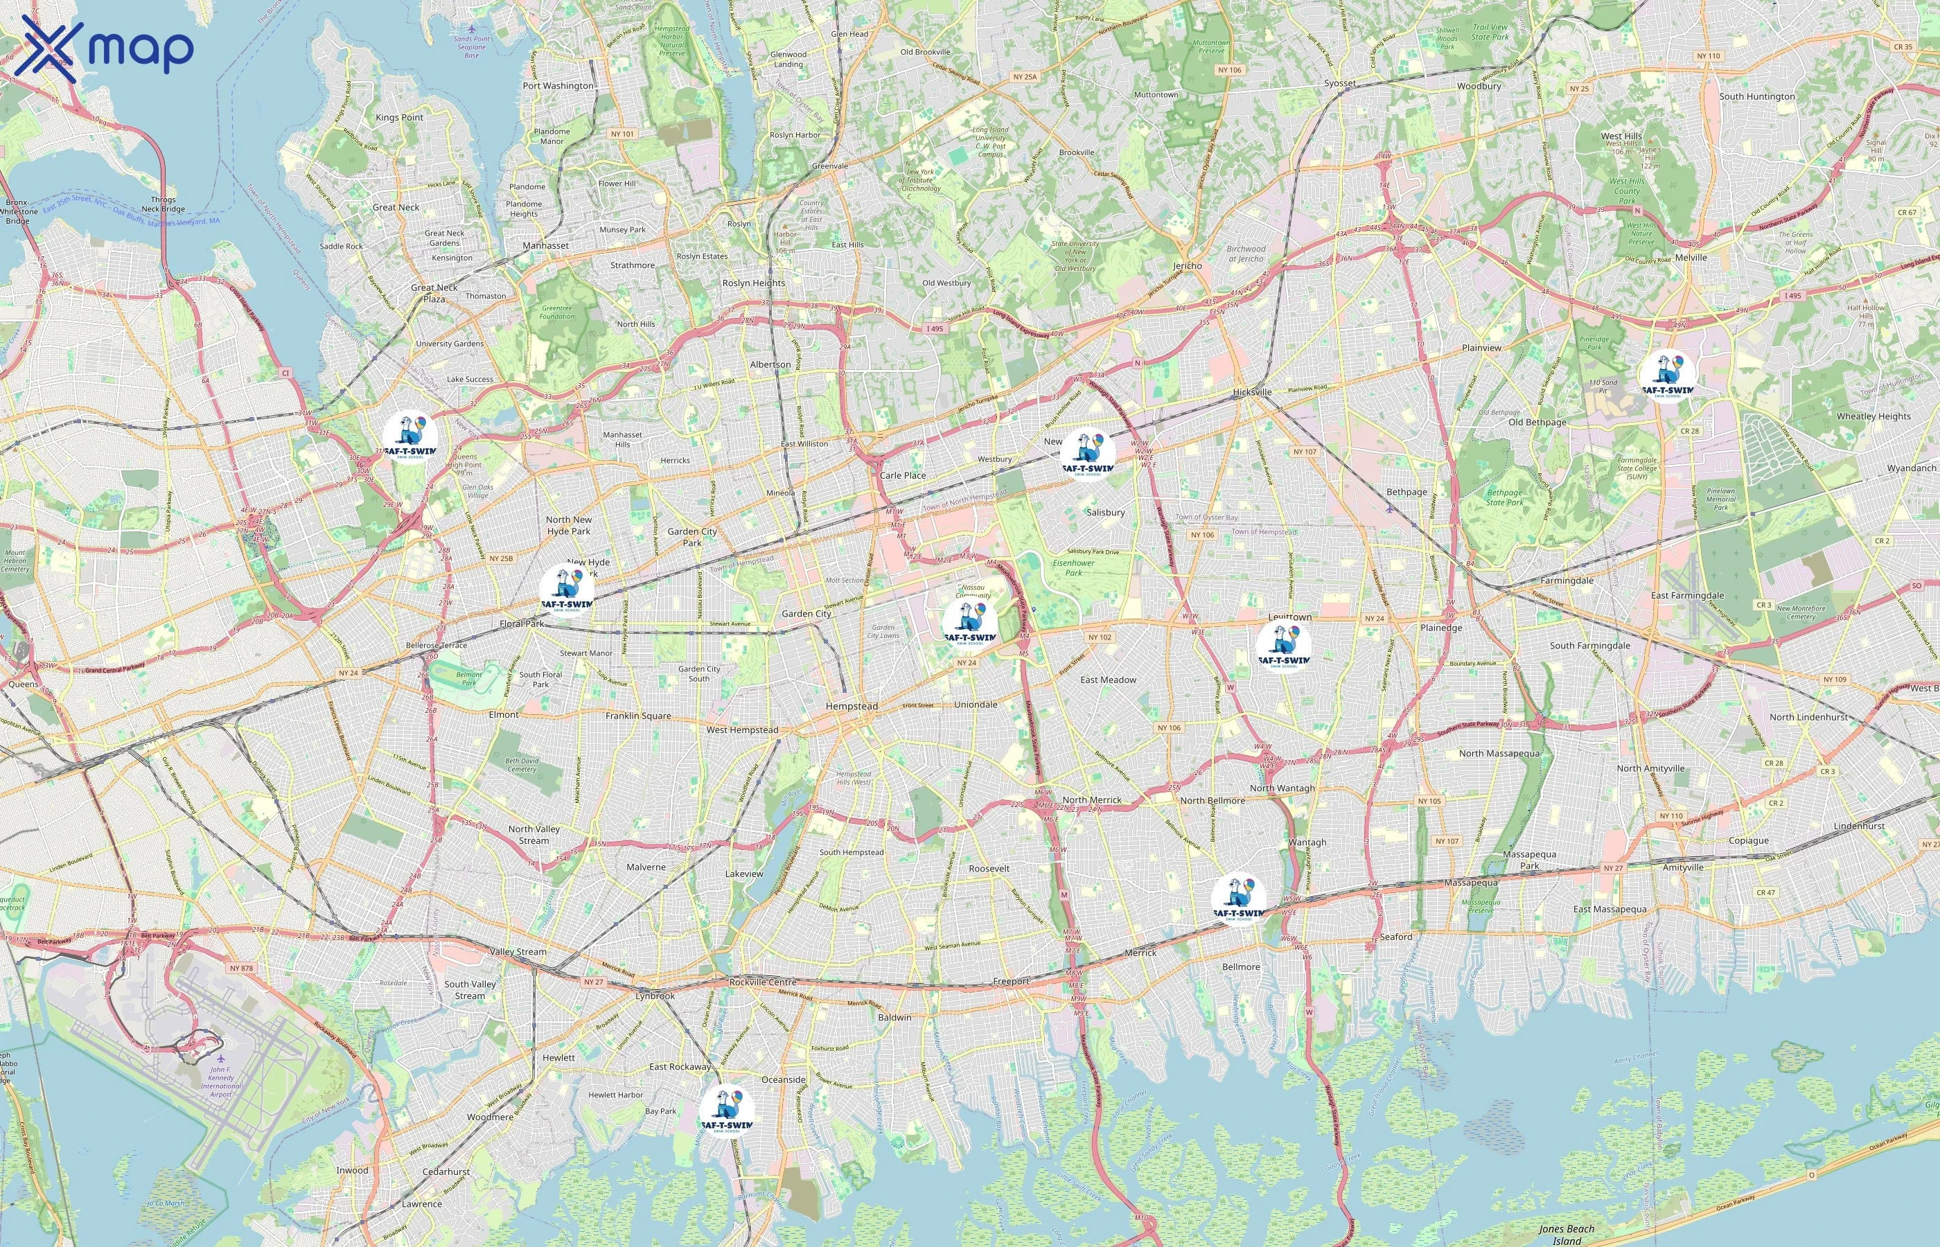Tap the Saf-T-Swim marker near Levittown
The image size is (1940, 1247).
click(1283, 646)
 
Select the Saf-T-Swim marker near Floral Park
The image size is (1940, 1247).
click(567, 590)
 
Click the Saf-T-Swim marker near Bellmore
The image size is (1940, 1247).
click(1238, 898)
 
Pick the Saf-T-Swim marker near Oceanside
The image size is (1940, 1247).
click(726, 1111)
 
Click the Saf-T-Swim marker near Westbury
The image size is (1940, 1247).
click(1087, 454)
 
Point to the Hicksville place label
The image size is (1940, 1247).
click(1252, 392)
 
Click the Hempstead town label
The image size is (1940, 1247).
click(851, 706)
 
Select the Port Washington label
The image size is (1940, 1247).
click(558, 86)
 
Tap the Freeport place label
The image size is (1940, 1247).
click(1012, 982)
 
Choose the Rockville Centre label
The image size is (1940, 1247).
click(763, 982)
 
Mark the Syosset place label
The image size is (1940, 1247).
click(1339, 83)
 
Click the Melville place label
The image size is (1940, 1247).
click(1691, 258)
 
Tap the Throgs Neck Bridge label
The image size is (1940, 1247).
click(163, 204)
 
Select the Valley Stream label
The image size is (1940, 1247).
click(518, 953)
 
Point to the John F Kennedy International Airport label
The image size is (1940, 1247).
click(220, 1081)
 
